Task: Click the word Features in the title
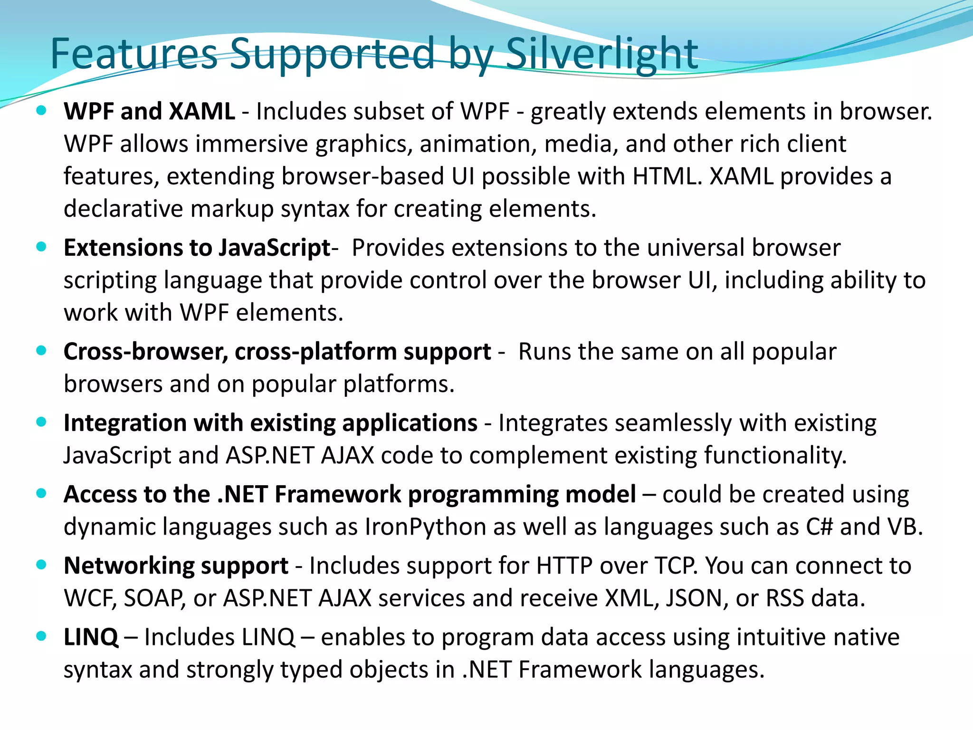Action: pyautogui.click(x=134, y=53)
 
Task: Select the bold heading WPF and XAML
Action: pyautogui.click(x=149, y=112)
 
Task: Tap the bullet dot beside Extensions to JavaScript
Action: pyautogui.click(x=41, y=247)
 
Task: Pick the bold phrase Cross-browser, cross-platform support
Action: pyautogui.click(x=277, y=352)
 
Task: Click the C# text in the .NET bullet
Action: pyautogui.click(x=819, y=527)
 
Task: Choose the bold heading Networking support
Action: pyautogui.click(x=176, y=566)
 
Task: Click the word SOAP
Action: pyautogui.click(x=154, y=598)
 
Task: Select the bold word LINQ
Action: pyautogui.click(x=91, y=637)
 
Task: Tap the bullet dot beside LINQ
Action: pyautogui.click(x=41, y=636)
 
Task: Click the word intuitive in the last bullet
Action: pyautogui.click(x=777, y=637)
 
